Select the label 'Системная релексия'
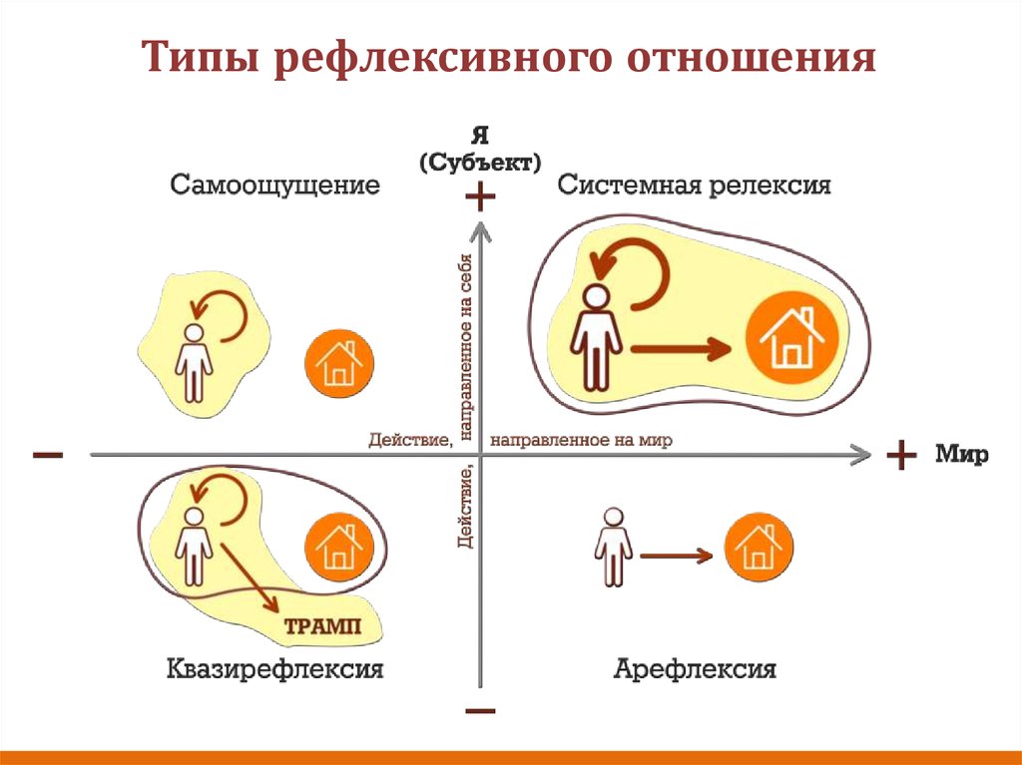point(694,186)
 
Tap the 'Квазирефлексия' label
point(274,667)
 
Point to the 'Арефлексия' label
point(696,667)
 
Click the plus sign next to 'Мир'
point(901,456)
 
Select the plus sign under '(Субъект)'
point(480,197)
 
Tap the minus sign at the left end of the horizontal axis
point(48,456)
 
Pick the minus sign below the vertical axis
point(480,711)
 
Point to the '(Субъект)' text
point(480,161)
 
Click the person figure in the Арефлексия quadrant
point(612,547)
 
